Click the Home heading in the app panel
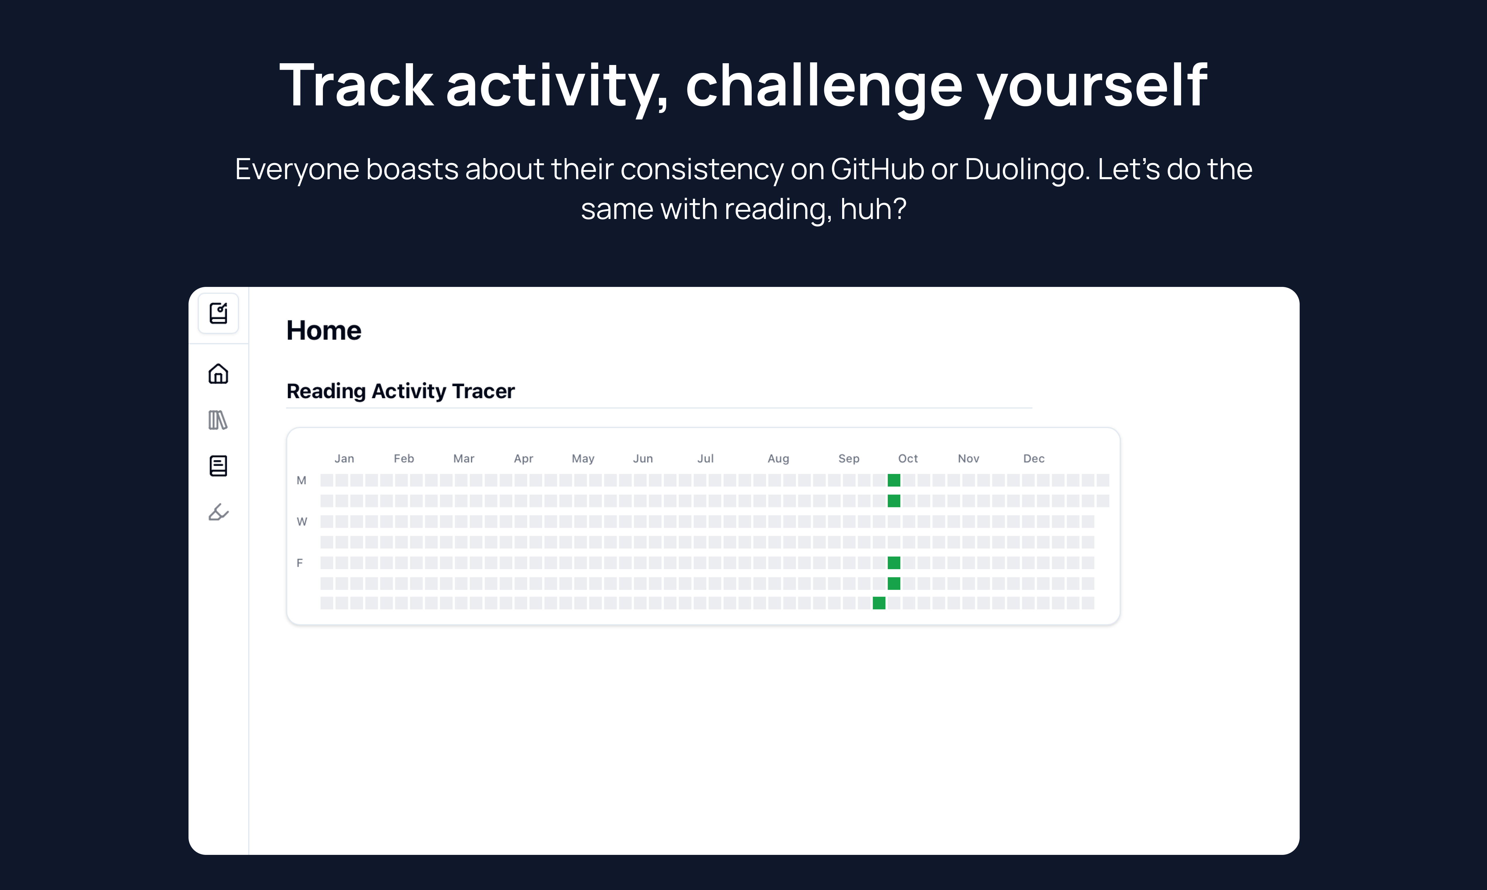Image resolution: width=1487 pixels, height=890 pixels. (324, 331)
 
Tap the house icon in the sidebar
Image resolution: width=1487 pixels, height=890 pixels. (218, 374)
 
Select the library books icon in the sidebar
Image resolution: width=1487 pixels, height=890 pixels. (218, 420)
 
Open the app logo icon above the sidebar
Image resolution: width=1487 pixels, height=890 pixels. (218, 313)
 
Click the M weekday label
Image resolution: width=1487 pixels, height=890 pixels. (301, 480)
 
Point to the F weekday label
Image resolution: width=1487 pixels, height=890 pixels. (300, 563)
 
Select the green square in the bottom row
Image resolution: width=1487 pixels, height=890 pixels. (879, 603)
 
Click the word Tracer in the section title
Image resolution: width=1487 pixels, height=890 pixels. (483, 391)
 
